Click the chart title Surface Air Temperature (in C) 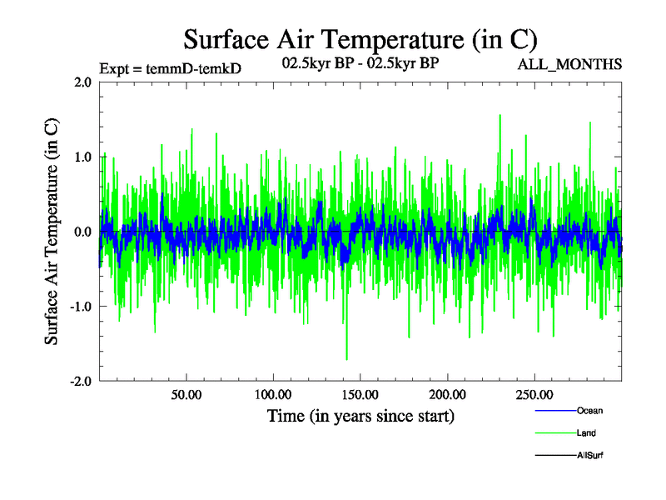(360, 39)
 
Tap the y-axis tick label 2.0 (82, 82)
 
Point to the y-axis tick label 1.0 (82, 157)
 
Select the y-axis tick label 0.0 (82, 232)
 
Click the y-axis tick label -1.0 (79, 307)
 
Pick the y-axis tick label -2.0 (79, 381)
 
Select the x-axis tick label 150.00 (360, 394)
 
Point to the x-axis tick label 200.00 (447, 394)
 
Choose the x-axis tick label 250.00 (534, 394)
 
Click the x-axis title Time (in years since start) (360, 415)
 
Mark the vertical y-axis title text (52, 232)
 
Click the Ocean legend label (589, 410)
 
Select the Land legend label (586, 432)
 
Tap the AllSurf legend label (590, 455)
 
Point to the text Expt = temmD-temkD (170, 68)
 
